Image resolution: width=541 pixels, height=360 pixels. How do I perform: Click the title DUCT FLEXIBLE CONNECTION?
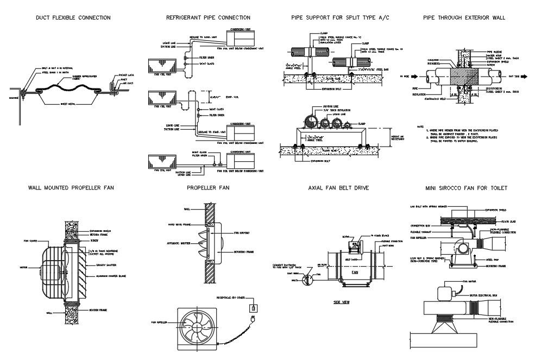point(73,18)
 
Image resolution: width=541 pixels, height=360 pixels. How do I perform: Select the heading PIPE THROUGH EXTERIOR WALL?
point(464,18)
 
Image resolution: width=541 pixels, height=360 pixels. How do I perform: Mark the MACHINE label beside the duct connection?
point(14,98)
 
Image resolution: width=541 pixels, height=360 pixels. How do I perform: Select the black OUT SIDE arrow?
point(509,77)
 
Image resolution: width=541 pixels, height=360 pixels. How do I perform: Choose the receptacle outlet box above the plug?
point(253,308)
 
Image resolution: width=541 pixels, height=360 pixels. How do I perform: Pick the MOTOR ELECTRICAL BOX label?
point(487,294)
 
